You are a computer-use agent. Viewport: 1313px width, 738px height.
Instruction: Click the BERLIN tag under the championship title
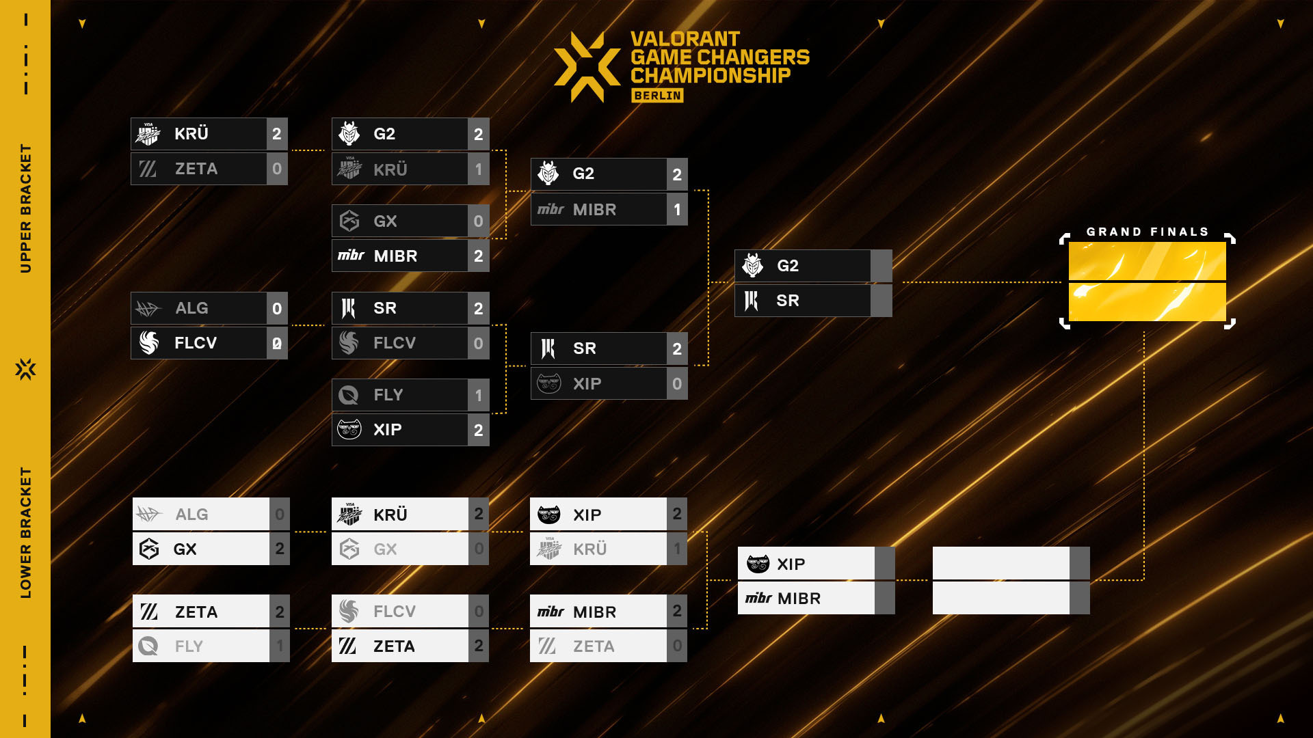click(x=657, y=96)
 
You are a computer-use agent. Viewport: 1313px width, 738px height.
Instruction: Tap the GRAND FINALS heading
click(x=1148, y=232)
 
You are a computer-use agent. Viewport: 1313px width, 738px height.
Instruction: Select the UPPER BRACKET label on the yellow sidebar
click(x=26, y=208)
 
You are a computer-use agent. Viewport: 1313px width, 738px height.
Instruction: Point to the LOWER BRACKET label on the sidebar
click(x=26, y=533)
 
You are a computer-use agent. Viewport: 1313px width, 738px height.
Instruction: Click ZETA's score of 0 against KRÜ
click(x=277, y=169)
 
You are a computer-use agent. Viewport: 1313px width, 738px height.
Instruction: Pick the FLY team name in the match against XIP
click(x=388, y=395)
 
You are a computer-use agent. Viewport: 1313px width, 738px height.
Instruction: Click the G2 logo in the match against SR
click(x=753, y=265)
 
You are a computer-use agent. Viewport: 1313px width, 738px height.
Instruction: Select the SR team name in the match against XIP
click(x=585, y=348)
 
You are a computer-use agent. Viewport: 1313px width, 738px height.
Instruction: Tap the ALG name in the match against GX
click(x=191, y=515)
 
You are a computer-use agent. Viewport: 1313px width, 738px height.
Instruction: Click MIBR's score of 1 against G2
click(x=677, y=209)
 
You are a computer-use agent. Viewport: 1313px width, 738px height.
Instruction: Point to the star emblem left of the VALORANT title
click(x=587, y=67)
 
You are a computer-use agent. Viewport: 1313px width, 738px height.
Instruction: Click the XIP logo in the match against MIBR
click(x=758, y=564)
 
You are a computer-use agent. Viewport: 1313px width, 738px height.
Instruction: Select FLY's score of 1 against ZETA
click(x=280, y=646)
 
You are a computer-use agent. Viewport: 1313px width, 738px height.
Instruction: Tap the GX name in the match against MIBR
click(x=385, y=221)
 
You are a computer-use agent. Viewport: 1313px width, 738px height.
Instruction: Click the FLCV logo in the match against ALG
click(x=149, y=342)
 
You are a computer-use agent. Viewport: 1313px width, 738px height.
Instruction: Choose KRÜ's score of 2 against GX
click(x=479, y=514)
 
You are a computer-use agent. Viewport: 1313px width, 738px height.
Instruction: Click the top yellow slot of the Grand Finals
click(x=1148, y=261)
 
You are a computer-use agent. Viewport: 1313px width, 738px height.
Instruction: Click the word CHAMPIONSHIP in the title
click(x=711, y=75)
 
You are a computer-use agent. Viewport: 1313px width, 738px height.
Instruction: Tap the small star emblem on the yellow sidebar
click(x=26, y=369)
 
